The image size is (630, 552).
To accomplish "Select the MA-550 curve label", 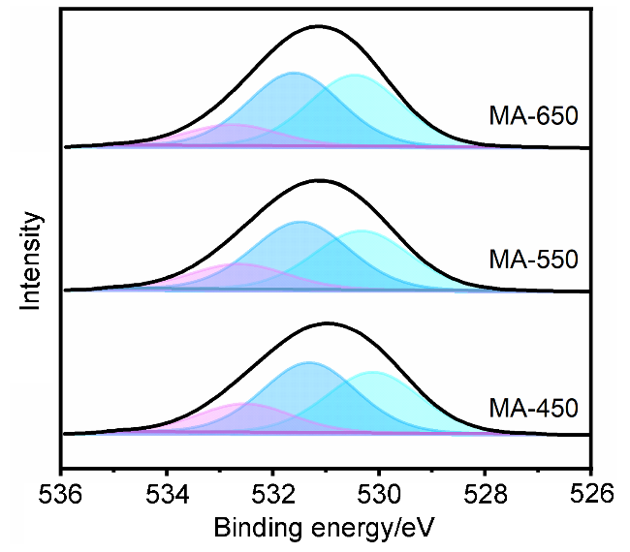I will pyautogui.click(x=533, y=260).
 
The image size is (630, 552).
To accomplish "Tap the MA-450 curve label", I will pyautogui.click(x=533, y=405).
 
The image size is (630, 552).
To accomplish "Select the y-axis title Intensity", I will pyautogui.click(x=31, y=261).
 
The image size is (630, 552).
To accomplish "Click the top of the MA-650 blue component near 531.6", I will pyautogui.click(x=294, y=73).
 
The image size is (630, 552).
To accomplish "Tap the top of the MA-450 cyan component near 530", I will pyautogui.click(x=373, y=372).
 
